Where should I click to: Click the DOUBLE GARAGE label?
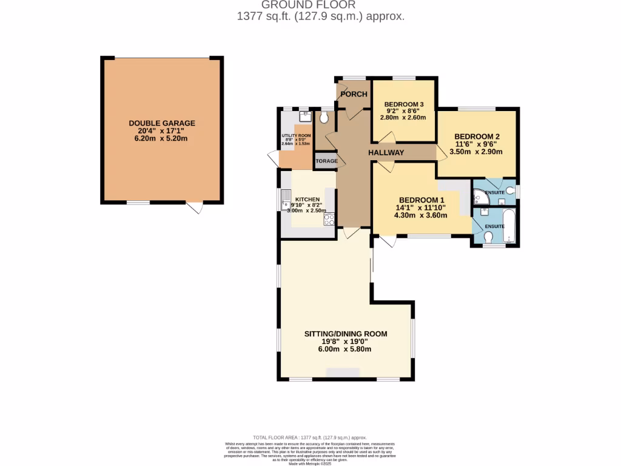pyautogui.click(x=162, y=123)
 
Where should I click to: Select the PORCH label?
pyautogui.click(x=354, y=93)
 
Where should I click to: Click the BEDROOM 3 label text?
pyautogui.click(x=404, y=104)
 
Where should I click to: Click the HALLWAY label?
pyautogui.click(x=386, y=153)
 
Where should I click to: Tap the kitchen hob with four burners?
pyautogui.click(x=329, y=220)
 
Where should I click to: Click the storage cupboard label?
pyautogui.click(x=326, y=161)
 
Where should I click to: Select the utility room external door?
pyautogui.click(x=273, y=159)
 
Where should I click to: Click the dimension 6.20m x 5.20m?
pyautogui.click(x=162, y=138)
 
